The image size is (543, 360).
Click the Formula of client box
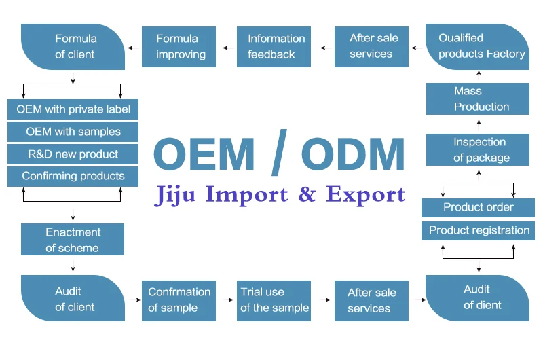tap(73, 46)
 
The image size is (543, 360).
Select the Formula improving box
tap(179, 46)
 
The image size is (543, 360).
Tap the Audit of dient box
tap(477, 298)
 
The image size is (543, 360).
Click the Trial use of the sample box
tap(274, 300)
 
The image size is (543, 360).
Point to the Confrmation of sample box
tap(179, 300)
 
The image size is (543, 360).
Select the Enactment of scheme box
tap(73, 240)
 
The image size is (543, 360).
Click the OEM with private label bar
tap(73, 109)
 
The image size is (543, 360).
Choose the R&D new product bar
tap(73, 154)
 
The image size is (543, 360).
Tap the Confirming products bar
tap(73, 176)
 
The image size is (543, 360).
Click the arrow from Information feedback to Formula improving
tap(227, 47)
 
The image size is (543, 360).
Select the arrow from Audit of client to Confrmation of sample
tap(133, 299)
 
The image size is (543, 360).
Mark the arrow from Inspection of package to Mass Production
tap(479, 125)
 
